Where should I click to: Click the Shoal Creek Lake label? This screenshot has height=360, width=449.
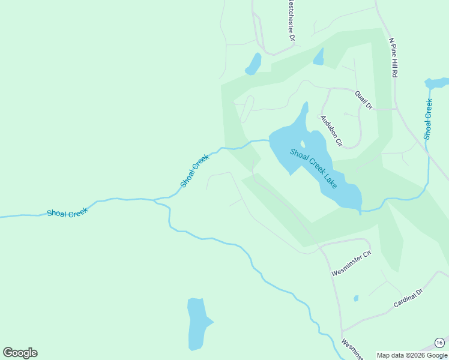coord(313,169)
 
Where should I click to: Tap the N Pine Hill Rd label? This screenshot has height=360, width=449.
coord(394,58)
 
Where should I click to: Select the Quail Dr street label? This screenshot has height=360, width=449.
coord(363,100)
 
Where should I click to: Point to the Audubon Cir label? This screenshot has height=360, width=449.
coord(331,131)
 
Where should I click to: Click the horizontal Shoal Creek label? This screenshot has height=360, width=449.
coord(67,212)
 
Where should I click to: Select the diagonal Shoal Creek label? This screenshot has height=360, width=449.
coord(195,170)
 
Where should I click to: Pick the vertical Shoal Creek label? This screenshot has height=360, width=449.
coord(428,119)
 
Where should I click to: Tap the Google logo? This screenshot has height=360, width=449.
coord(20,353)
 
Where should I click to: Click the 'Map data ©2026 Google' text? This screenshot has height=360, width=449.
coord(412,355)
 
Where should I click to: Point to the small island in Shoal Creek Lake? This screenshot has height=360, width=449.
coord(303,144)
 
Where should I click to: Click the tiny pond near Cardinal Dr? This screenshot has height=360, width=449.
coord(356,298)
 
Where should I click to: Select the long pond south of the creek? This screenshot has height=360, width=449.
coord(197,324)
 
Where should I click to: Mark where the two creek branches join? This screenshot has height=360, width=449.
coord(157,200)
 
